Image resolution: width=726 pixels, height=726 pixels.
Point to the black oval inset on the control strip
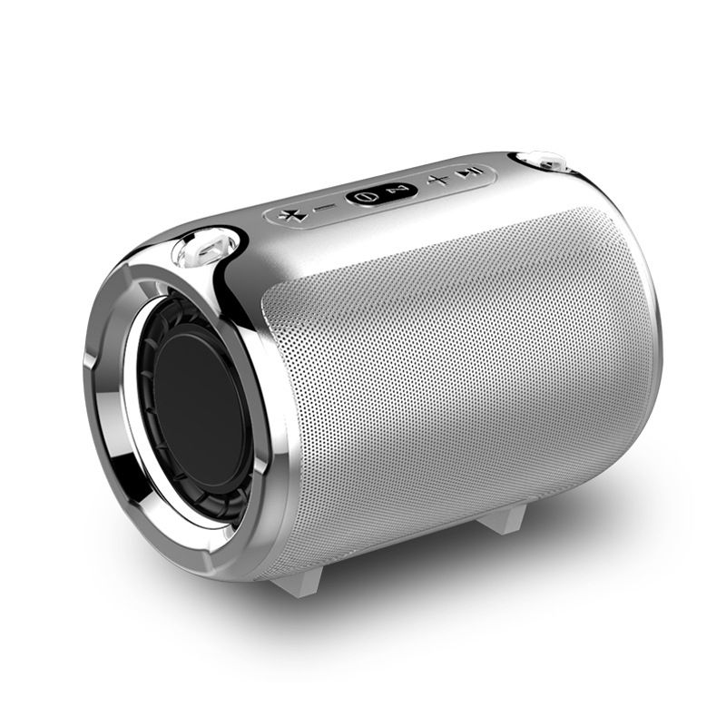pos(380,192)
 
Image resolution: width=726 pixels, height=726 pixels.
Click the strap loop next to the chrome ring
pos(206,246)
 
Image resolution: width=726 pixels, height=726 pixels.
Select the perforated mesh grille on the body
pos(454,363)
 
